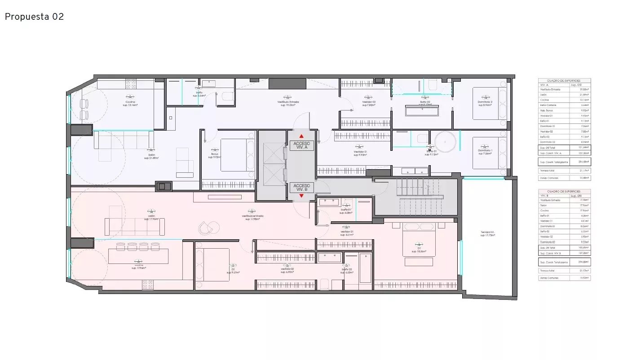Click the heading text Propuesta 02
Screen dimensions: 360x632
[x=34, y=17]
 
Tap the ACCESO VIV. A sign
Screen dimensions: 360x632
[x=301, y=145]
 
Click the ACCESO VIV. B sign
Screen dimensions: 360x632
[x=301, y=187]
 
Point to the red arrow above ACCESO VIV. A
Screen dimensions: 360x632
[x=301, y=136]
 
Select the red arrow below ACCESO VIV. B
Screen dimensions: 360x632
[x=301, y=196]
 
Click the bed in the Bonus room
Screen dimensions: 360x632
[x=233, y=154]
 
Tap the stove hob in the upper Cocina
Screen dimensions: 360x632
[x=131, y=83]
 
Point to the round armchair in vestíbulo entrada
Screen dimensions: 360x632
[x=206, y=228]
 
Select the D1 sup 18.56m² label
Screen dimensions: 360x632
[x=419, y=250]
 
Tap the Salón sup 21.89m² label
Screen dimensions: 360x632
[x=151, y=156]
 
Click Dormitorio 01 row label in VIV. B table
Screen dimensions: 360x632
[x=548, y=226]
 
